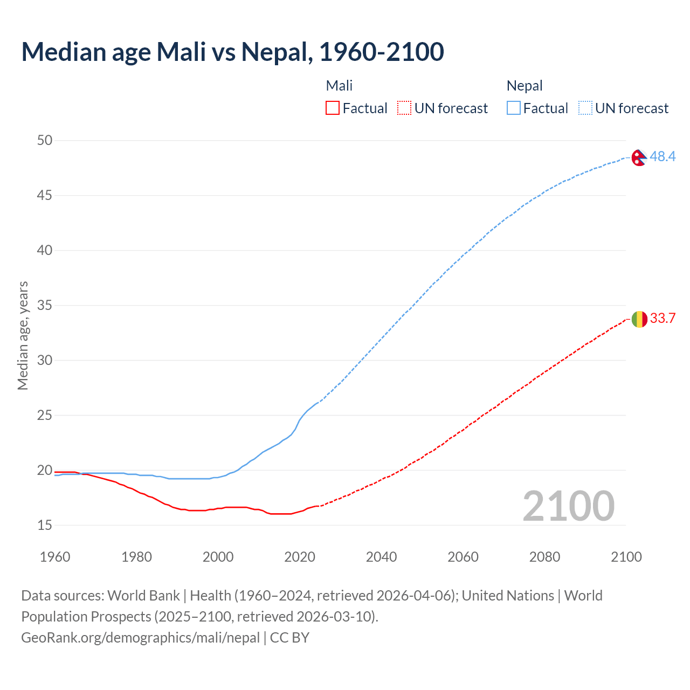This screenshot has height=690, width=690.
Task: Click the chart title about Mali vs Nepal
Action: tap(232, 52)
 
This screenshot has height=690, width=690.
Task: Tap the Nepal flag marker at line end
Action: tap(639, 157)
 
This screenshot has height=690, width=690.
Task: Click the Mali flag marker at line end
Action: tap(639, 319)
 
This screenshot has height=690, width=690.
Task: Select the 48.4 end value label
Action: tap(663, 156)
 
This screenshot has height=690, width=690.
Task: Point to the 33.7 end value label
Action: tap(663, 318)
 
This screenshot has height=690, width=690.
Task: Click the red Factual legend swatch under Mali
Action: tap(333, 108)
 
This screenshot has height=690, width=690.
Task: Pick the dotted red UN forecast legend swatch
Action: tap(404, 108)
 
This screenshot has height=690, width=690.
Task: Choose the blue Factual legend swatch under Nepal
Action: tap(514, 108)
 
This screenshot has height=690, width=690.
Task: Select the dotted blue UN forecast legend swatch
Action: tap(585, 108)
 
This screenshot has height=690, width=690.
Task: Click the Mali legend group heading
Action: tap(339, 86)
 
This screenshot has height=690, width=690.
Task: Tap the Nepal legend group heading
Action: tap(524, 86)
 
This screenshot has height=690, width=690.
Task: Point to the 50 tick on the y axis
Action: tap(45, 140)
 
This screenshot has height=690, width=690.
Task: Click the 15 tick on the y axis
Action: tap(45, 525)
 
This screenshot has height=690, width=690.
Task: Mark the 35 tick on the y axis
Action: tap(45, 305)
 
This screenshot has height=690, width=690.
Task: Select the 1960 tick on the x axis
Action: tap(55, 557)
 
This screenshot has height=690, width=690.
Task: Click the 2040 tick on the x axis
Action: tap(381, 557)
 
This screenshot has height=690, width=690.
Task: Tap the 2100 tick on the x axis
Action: tap(626, 557)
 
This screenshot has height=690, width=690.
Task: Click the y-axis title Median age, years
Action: tap(23, 335)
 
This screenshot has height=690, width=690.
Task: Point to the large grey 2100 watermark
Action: tap(568, 506)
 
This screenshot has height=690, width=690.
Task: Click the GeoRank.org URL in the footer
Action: tap(140, 638)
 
